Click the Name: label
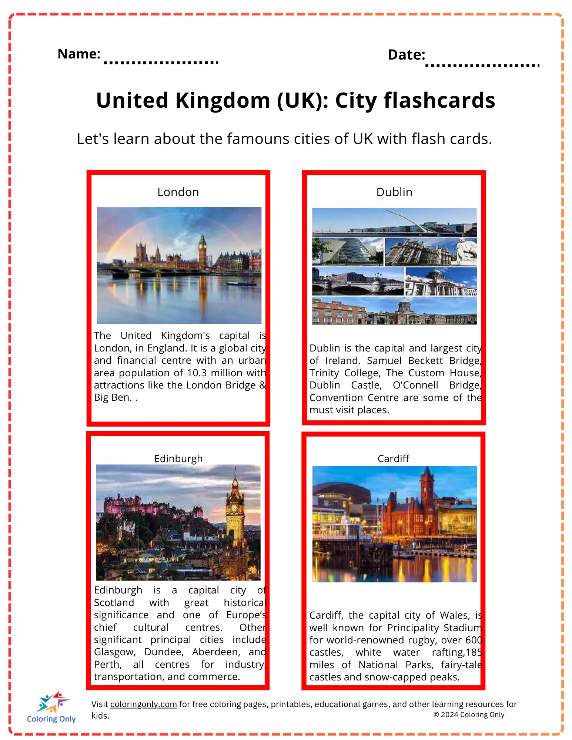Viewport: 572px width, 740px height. point(79,54)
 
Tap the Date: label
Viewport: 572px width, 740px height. point(406,55)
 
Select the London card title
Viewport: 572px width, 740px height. point(178,192)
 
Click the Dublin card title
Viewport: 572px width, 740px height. point(394,192)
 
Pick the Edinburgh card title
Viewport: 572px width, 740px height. point(178,459)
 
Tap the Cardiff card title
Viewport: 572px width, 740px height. point(394,459)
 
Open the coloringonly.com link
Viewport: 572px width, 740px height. point(144,704)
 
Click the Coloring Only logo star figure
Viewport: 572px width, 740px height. point(53,702)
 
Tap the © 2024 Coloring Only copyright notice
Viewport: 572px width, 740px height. point(469,714)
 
